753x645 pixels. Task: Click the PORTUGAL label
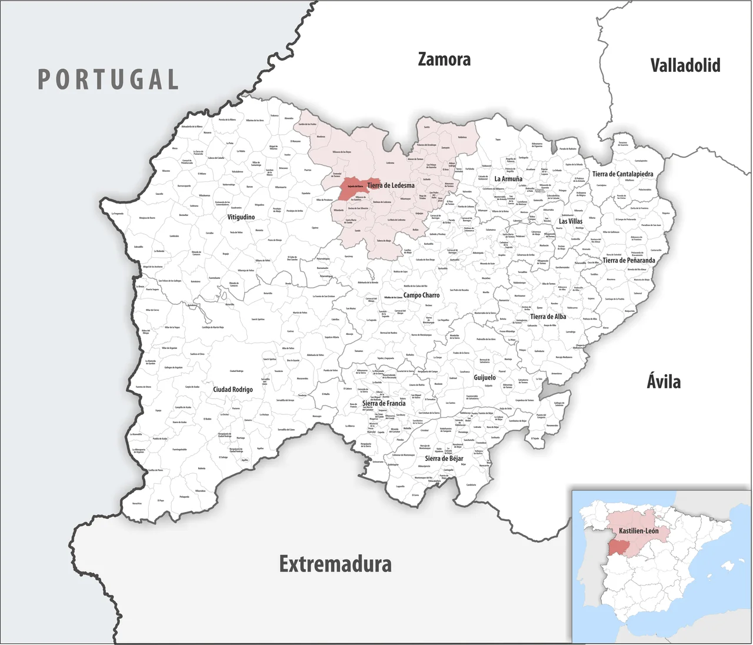[x=108, y=79]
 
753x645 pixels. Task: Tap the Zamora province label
[x=444, y=59]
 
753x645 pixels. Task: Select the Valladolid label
[x=685, y=65]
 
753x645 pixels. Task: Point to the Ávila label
[x=664, y=381]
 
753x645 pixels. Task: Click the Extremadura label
[x=335, y=564]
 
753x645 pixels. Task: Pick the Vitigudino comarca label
[x=241, y=217]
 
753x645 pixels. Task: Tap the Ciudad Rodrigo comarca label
[x=233, y=390]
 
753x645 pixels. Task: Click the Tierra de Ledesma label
[x=391, y=185]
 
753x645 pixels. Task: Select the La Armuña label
[x=508, y=179]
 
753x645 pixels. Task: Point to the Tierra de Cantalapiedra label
[x=622, y=174]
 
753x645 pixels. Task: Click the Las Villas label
[x=571, y=221]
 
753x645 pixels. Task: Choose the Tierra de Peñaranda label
[x=628, y=260]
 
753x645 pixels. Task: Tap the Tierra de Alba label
[x=548, y=317]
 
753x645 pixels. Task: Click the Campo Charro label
[x=421, y=295]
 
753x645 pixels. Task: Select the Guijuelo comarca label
[x=485, y=377]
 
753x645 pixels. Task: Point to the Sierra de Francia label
[x=384, y=403]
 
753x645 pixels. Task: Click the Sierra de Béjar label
[x=444, y=458]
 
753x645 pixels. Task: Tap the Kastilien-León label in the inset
[x=638, y=531]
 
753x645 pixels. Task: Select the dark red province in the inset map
[x=618, y=547]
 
